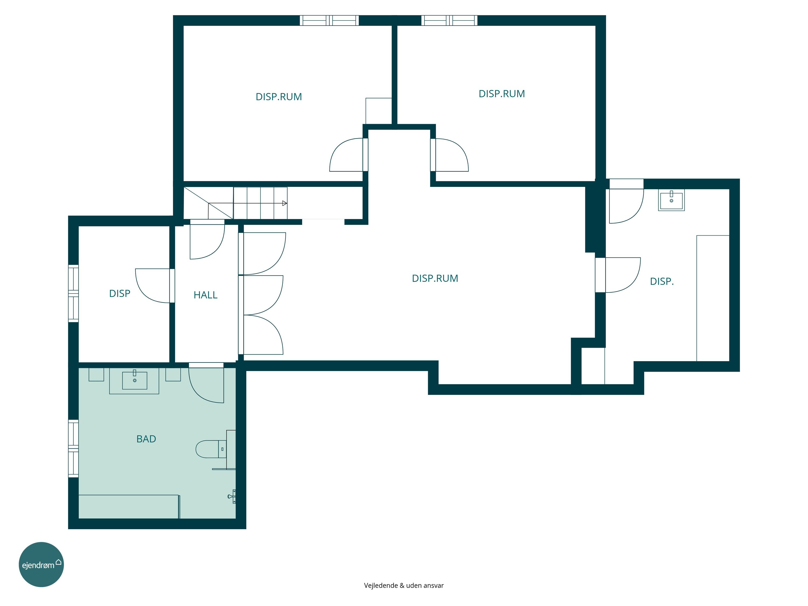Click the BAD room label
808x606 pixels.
pos(146,439)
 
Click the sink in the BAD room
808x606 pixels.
pos(134,380)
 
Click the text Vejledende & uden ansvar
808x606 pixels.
pos(404,586)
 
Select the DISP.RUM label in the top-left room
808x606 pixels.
pos(279,97)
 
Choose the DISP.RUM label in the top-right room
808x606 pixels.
pos(501,94)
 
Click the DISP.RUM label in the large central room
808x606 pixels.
pos(435,278)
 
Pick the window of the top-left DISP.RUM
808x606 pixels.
pos(329,20)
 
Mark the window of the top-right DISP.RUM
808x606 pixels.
pos(449,20)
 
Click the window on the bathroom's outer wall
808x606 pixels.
pos(74,448)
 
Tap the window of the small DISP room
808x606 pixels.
pos(74,293)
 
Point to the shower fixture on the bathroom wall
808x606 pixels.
pos(232,496)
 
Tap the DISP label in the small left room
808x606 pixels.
pos(119,294)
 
